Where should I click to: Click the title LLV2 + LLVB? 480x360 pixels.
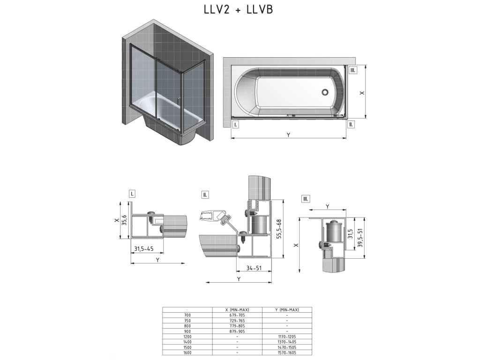(238, 9)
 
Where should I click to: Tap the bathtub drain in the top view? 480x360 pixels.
(325, 91)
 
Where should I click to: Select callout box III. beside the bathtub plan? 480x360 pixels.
(352, 70)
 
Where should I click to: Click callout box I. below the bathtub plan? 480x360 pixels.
(235, 125)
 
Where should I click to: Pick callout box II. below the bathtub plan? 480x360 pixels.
(351, 125)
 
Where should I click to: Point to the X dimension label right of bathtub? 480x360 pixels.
(362, 92)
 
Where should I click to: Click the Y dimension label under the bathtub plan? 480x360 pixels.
(288, 135)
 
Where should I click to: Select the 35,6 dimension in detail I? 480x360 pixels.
(124, 220)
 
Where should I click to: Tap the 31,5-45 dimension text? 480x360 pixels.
(144, 248)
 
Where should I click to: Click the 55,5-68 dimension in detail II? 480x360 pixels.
(279, 229)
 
